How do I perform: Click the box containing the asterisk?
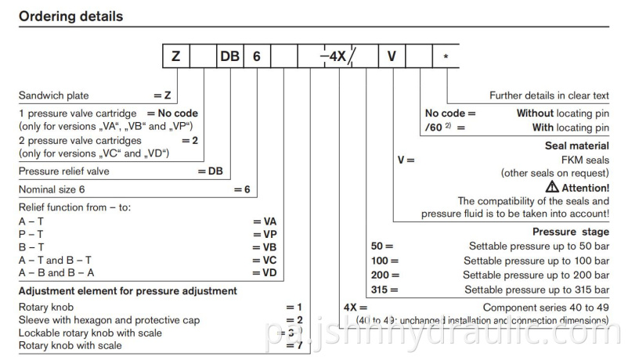click(446, 58)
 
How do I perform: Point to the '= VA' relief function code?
click(265, 221)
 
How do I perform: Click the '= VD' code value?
click(265, 273)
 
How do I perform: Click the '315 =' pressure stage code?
click(384, 289)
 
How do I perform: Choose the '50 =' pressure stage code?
click(381, 246)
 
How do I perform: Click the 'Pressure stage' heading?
click(570, 232)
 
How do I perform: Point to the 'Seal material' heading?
click(576, 146)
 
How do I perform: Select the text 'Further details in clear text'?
click(549, 95)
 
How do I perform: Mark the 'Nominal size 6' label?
click(54, 189)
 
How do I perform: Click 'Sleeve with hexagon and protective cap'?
click(99, 320)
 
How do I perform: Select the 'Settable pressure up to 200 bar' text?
click(536, 275)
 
